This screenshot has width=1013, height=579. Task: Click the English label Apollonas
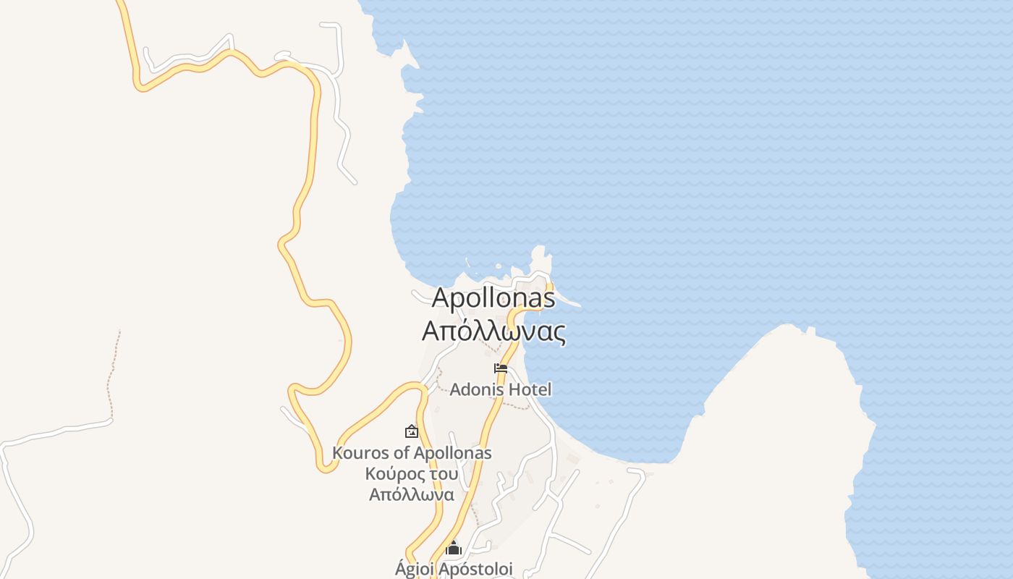point(493,298)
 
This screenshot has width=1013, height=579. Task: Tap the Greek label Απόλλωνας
point(493,331)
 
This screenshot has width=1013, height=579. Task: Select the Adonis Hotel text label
point(501,389)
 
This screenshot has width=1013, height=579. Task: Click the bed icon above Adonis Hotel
point(500,368)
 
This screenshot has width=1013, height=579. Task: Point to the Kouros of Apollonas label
point(412,453)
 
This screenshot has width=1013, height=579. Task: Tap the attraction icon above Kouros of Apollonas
point(411,431)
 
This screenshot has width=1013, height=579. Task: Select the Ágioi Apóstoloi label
point(454,569)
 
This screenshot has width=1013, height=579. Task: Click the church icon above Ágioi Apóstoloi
point(454,548)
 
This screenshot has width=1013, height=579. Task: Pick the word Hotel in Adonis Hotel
point(530,389)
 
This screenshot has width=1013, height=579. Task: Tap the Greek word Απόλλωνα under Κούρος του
point(412,495)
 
